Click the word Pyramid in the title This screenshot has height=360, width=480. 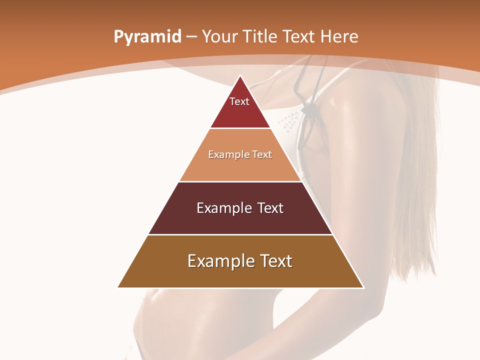pyautogui.click(x=147, y=37)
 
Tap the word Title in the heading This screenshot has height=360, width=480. pyautogui.click(x=260, y=36)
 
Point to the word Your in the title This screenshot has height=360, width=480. pyautogui.click(x=219, y=36)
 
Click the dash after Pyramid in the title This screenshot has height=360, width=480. pyautogui.click(x=191, y=37)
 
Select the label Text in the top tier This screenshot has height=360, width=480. pyautogui.click(x=239, y=101)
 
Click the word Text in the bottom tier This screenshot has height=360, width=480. pyautogui.click(x=275, y=261)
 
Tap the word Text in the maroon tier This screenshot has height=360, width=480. pyautogui.click(x=270, y=208)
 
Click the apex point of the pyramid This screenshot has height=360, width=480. pyautogui.click(x=240, y=76)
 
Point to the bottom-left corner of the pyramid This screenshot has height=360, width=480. pyautogui.click(x=118, y=287)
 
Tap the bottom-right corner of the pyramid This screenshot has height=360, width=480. pyautogui.click(x=363, y=287)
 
